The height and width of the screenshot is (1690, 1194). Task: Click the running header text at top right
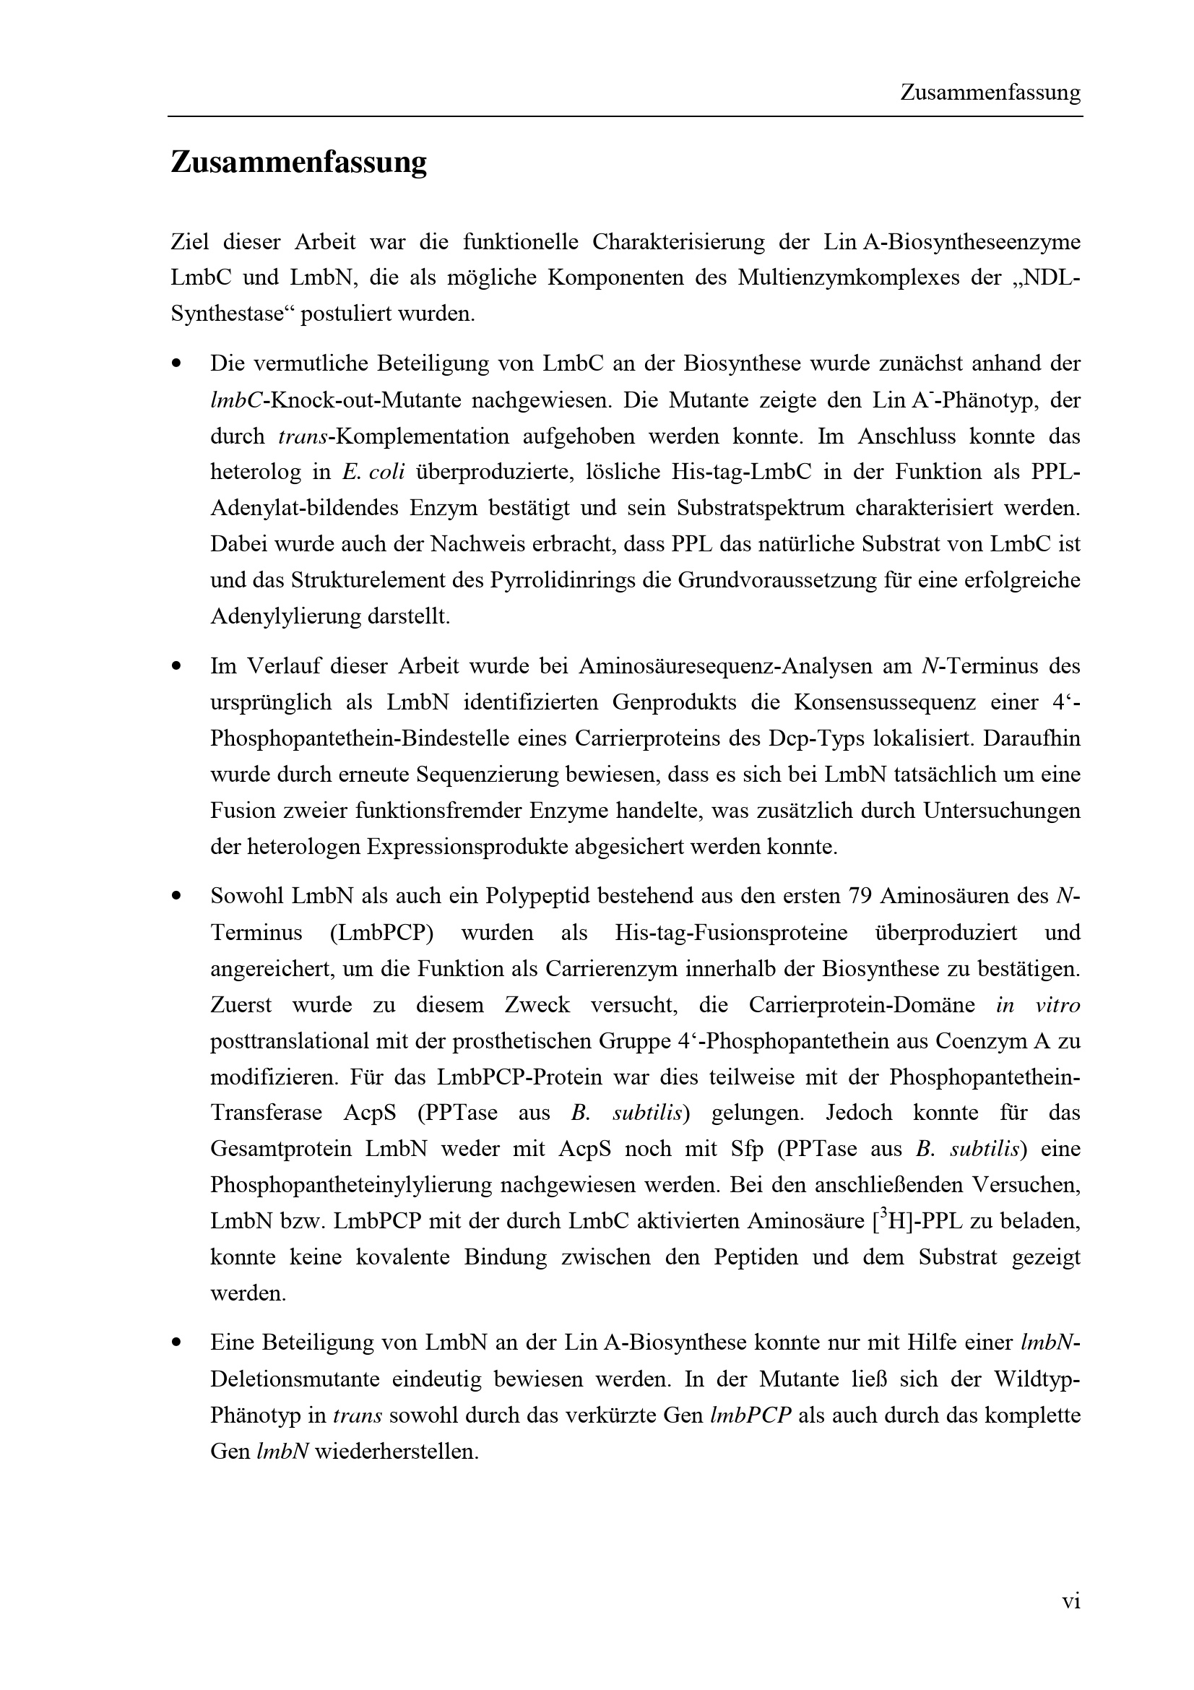(x=990, y=93)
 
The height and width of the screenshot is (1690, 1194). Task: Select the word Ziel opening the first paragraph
(x=190, y=242)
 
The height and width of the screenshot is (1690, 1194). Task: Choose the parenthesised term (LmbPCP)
(x=382, y=933)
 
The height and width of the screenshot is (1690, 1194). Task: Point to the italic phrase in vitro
(x=1037, y=1005)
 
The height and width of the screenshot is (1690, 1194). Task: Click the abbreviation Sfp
(x=746, y=1149)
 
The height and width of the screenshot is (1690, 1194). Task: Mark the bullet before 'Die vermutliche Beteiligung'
(x=176, y=364)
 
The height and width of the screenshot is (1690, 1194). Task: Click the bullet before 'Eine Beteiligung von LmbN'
(x=176, y=1343)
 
